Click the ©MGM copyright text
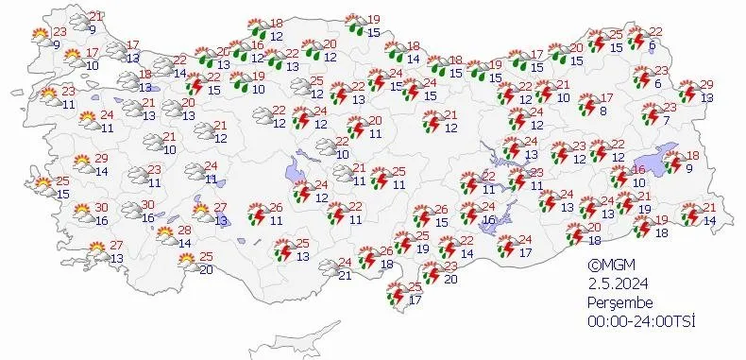606,266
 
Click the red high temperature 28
184,230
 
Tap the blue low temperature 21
345,275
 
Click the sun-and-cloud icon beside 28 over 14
165,235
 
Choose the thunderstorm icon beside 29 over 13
687,92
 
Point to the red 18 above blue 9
692,156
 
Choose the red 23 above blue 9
60,30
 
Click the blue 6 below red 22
653,45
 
